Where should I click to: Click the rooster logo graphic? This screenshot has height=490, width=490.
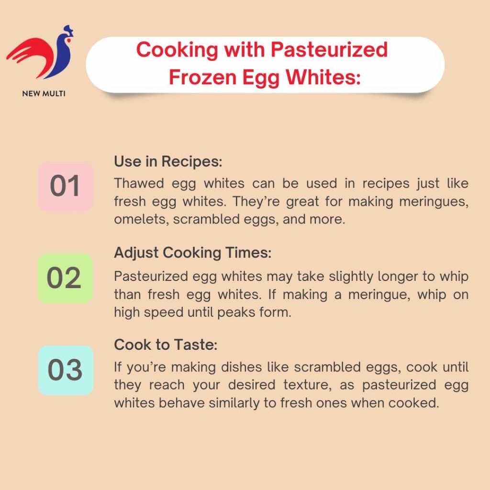[x=41, y=53]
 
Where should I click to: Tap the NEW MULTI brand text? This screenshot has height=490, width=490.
[x=44, y=93]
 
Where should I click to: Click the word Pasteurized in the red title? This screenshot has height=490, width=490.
[x=329, y=50]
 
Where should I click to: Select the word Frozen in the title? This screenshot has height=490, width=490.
[x=202, y=77]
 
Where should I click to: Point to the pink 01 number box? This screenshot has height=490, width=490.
[x=65, y=186]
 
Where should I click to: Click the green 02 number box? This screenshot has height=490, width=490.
[x=65, y=278]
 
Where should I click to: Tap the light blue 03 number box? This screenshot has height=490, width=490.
[x=65, y=370]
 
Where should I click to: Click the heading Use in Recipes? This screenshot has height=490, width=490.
[x=168, y=162]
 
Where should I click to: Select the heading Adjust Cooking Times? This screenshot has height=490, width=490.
[x=193, y=253]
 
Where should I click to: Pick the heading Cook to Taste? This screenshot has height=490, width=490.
[x=166, y=345]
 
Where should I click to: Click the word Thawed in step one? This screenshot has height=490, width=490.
[x=139, y=183]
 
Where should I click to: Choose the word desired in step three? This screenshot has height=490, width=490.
[x=252, y=385]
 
